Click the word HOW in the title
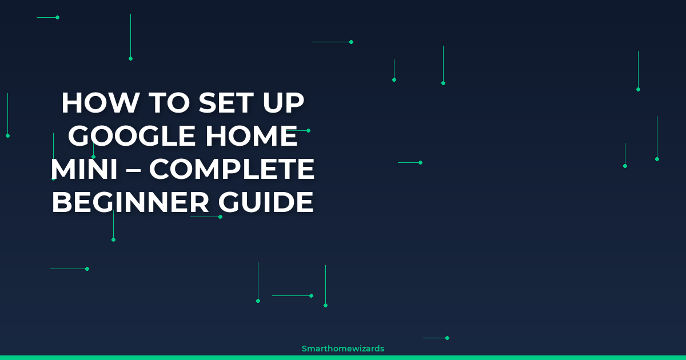pyautogui.click(x=99, y=103)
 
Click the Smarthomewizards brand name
pyautogui.click(x=343, y=348)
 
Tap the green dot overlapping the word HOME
pyautogui.click(x=308, y=131)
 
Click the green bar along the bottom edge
pyautogui.click(x=343, y=357)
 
